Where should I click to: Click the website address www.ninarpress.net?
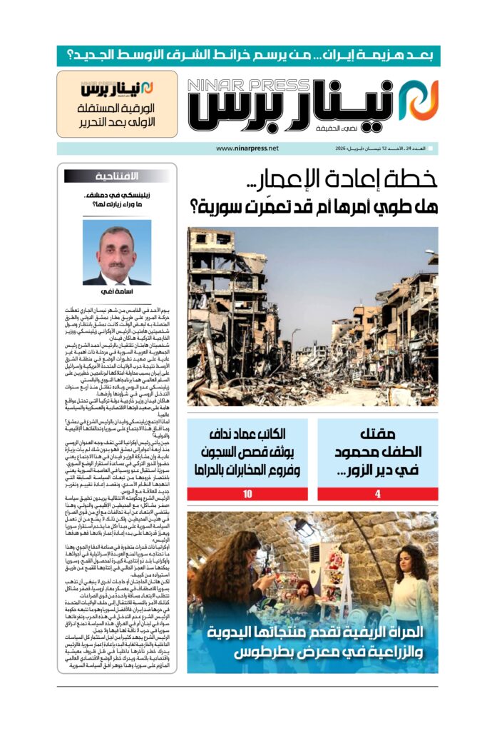247,148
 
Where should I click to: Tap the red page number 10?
248,494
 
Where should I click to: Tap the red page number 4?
378,494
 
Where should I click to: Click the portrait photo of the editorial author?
117,252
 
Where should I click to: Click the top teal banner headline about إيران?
248,56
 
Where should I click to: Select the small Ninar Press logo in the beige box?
117,89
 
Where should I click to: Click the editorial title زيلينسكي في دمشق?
117,194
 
